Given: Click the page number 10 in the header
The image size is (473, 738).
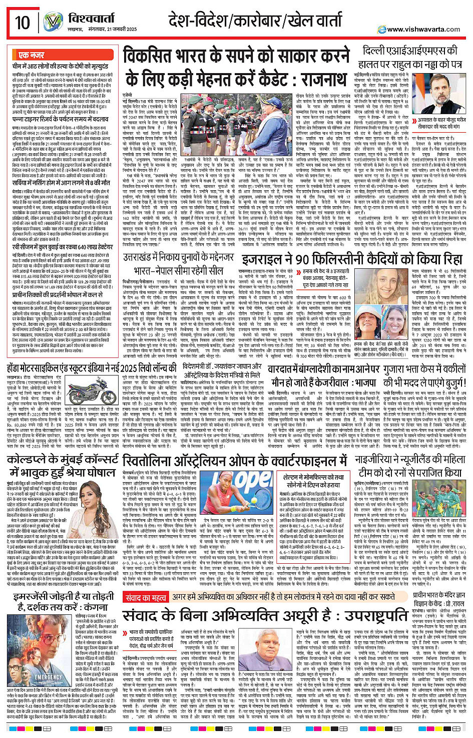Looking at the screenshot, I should coord(23,23).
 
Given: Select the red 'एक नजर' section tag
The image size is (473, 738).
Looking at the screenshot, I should coord(31,55).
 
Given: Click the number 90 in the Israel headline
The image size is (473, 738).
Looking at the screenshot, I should coord(307,260).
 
